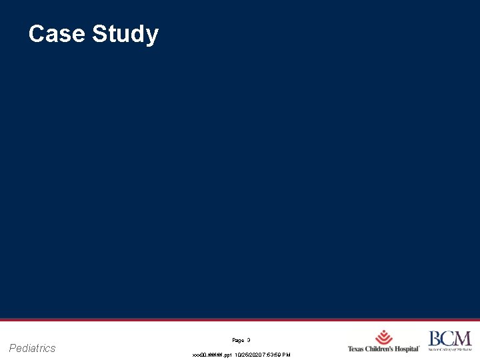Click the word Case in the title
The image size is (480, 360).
pyautogui.click(x=57, y=34)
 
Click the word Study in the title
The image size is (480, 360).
pyautogui.click(x=125, y=35)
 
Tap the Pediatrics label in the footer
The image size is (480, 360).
pyautogui.click(x=33, y=348)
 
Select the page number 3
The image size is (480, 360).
pyautogui.click(x=249, y=340)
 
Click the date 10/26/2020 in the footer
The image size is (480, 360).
pyautogui.click(x=246, y=355)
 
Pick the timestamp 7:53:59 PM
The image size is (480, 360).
pyautogui.click(x=276, y=355)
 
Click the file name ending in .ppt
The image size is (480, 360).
pyautogui.click(x=211, y=355)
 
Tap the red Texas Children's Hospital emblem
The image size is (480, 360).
pyautogui.click(x=384, y=337)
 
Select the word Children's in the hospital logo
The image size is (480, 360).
pyautogui.click(x=383, y=349)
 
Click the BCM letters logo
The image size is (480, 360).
pyautogui.click(x=449, y=338)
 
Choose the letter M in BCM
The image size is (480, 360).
pyautogui.click(x=463, y=338)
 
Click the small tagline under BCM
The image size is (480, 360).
pyautogui.click(x=449, y=349)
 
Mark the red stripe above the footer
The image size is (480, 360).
pyautogui.click(x=240, y=320)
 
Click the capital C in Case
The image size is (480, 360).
pyautogui.click(x=37, y=34)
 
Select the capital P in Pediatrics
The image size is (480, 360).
pyautogui.click(x=13, y=348)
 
